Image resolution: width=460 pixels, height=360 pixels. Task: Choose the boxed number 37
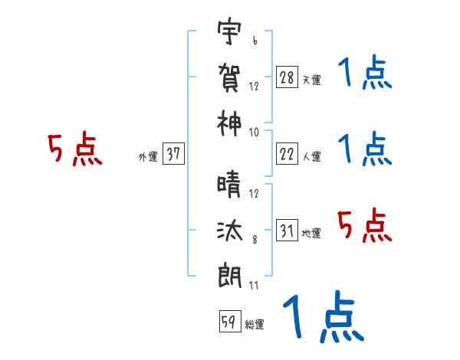[x=173, y=154]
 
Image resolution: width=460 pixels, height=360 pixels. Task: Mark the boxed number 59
[x=228, y=322]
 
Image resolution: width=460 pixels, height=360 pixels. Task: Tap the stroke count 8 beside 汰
[x=254, y=240]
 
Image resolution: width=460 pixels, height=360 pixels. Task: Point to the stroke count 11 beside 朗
[x=254, y=285]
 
